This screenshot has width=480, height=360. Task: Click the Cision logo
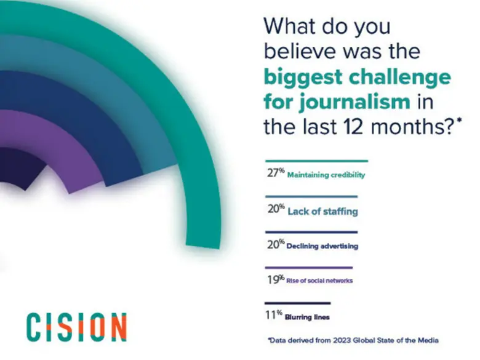pos(76,326)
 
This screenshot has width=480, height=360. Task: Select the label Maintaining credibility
pos(326,175)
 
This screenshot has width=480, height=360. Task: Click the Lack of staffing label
pos(322,211)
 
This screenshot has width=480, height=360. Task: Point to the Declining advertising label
pos(322,246)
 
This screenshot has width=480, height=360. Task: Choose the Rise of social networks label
pos(320,281)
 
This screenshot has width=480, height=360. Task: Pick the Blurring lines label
pos(307,317)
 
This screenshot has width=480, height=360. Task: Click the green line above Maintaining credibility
pos(315,161)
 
